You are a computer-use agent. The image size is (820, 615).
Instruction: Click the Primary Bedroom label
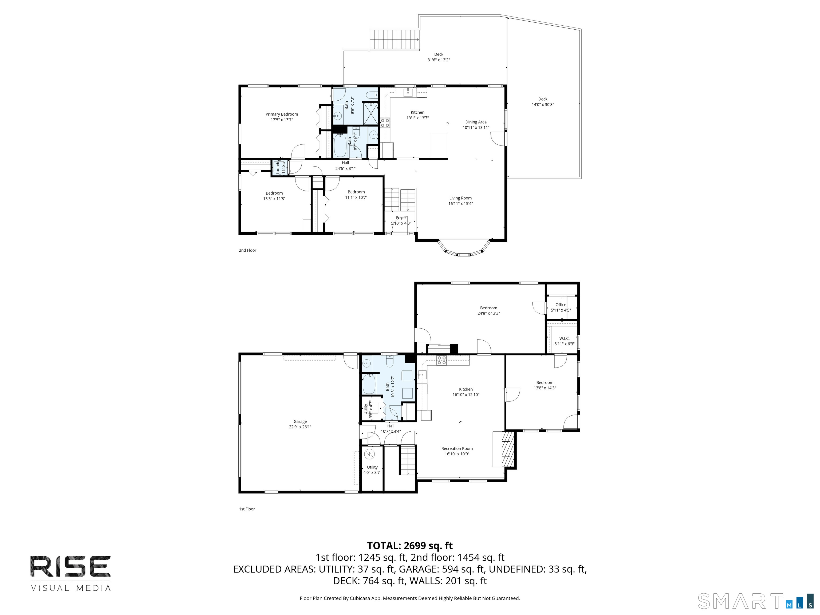pyautogui.click(x=281, y=114)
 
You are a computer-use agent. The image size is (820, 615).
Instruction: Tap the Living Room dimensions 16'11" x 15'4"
pyautogui.click(x=461, y=203)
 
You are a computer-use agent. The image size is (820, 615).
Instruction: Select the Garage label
pyautogui.click(x=300, y=421)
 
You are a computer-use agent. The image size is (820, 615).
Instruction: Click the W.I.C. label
pyautogui.click(x=564, y=338)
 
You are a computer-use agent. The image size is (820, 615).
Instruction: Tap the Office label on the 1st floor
pyautogui.click(x=561, y=305)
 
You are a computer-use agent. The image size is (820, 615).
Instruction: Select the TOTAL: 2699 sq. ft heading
pyautogui.click(x=410, y=546)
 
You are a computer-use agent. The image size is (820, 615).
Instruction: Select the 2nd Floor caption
pyautogui.click(x=247, y=250)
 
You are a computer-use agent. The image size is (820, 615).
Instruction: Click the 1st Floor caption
pyautogui.click(x=247, y=509)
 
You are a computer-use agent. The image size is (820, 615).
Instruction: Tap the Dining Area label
pyautogui.click(x=476, y=122)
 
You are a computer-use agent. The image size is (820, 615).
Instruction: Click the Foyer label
pyautogui.click(x=401, y=218)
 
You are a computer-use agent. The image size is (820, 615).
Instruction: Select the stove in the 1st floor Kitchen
pyautogui.click(x=441, y=360)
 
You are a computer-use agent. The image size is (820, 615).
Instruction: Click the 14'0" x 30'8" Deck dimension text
pyautogui.click(x=543, y=105)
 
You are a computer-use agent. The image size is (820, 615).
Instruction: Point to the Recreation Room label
pyautogui.click(x=457, y=448)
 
